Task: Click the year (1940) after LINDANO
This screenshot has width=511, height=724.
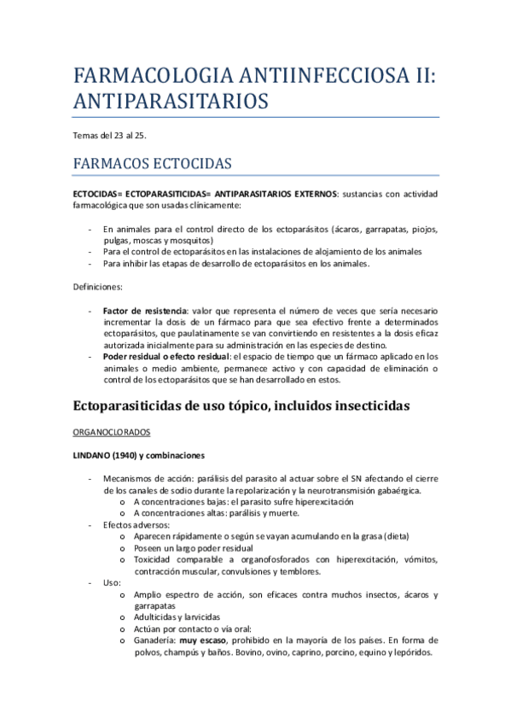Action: click(121, 456)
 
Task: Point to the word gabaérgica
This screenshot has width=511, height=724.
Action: click(392, 490)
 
